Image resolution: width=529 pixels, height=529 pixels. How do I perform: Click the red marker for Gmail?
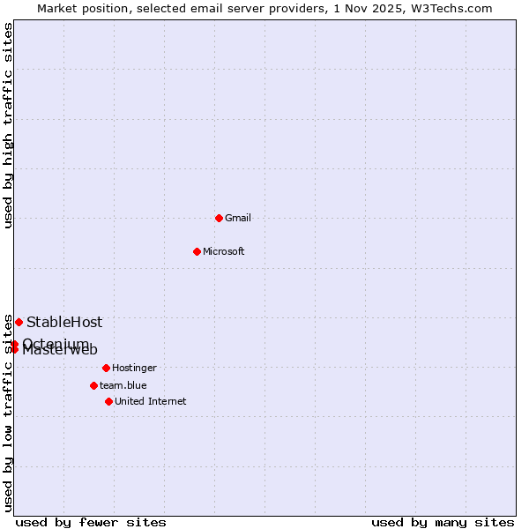coord(219,218)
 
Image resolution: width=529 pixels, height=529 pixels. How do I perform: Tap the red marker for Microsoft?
coord(197,251)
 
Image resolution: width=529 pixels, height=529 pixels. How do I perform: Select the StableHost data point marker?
coord(19,322)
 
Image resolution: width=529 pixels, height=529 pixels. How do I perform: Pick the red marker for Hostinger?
coord(106,368)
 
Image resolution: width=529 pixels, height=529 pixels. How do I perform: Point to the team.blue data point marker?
coord(93,385)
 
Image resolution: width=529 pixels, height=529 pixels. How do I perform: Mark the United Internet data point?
coord(108,401)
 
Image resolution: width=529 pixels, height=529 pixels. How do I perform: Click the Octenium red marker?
coord(15,344)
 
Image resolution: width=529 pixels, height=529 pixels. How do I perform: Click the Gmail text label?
coord(238,218)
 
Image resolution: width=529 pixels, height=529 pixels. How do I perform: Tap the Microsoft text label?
coord(224,251)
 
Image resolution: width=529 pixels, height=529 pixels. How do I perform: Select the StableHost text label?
coord(64,322)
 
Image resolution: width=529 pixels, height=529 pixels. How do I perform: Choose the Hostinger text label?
coord(134,368)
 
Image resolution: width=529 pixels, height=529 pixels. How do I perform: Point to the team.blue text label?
coord(123,385)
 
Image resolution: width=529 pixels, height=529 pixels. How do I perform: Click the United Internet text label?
coord(151,401)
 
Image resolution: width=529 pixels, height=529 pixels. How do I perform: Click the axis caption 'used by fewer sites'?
coord(91,522)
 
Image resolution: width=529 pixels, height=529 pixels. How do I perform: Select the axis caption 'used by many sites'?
coord(443,522)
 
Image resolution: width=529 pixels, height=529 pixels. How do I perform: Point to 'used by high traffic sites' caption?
coord(9,125)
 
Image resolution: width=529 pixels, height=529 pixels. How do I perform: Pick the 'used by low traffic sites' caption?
coord(9,413)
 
